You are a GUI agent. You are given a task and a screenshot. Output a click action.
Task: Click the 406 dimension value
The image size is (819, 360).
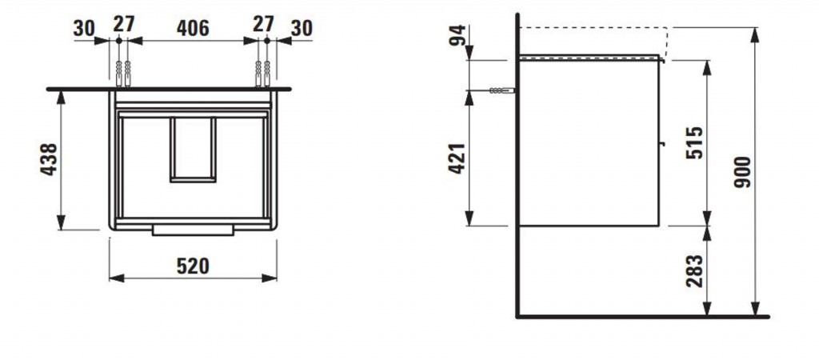click(193, 28)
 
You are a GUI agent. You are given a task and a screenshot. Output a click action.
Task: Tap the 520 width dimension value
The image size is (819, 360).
click(193, 266)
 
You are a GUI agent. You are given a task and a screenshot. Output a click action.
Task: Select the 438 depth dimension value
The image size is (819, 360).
click(49, 159)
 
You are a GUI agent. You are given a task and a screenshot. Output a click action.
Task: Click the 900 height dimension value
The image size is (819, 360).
click(742, 172)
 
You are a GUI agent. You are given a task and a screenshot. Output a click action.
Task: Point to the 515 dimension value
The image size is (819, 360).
click(695, 142)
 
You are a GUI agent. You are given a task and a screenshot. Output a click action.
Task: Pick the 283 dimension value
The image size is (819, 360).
click(695, 270)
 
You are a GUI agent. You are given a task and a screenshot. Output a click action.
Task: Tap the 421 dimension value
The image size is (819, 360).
click(457, 158)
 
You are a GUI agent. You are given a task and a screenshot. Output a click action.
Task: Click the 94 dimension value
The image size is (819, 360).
click(457, 35)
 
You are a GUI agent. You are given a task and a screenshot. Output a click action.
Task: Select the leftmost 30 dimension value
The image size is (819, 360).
click(84, 28)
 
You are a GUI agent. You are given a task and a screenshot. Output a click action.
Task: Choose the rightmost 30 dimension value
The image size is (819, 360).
click(302, 28)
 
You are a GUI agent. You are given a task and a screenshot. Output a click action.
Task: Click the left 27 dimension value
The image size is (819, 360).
click(124, 23)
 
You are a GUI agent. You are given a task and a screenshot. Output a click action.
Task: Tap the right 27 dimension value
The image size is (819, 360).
click(263, 23)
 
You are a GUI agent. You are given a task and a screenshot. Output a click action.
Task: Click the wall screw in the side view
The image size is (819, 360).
click(501, 90)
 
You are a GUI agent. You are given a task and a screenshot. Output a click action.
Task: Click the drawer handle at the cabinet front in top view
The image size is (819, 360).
click(193, 230)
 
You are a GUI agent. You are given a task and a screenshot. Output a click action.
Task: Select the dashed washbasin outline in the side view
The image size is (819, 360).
click(668, 41)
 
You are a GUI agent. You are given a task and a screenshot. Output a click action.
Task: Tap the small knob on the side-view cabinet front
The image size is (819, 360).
click(661, 142)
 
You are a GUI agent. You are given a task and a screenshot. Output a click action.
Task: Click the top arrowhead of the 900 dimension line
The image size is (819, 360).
click(755, 34)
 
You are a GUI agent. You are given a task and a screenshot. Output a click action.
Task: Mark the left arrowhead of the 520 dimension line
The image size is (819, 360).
click(117, 278)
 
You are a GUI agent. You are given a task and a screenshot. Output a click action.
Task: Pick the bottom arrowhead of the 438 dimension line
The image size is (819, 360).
click(61, 222)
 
